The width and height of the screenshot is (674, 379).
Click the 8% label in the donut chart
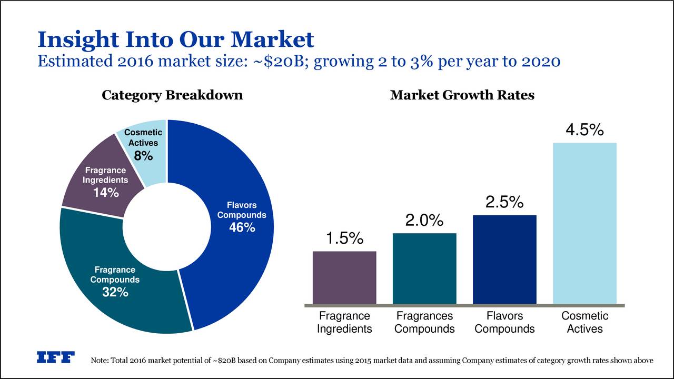(x=143, y=156)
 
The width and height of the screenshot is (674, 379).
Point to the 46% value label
(x=242, y=227)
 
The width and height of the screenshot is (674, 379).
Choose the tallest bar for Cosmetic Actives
(x=584, y=223)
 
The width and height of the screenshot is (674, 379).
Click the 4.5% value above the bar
(x=584, y=130)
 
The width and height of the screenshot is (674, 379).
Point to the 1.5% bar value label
(x=344, y=238)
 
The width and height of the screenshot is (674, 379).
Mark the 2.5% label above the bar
(x=504, y=202)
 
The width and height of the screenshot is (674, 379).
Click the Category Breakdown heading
(x=172, y=95)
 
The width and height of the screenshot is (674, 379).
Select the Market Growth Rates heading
(x=462, y=95)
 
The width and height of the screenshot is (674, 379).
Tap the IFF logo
(x=55, y=357)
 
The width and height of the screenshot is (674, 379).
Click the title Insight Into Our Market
(x=175, y=39)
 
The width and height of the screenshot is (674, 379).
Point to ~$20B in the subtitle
(x=276, y=62)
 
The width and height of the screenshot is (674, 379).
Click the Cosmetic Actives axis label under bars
(x=584, y=322)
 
